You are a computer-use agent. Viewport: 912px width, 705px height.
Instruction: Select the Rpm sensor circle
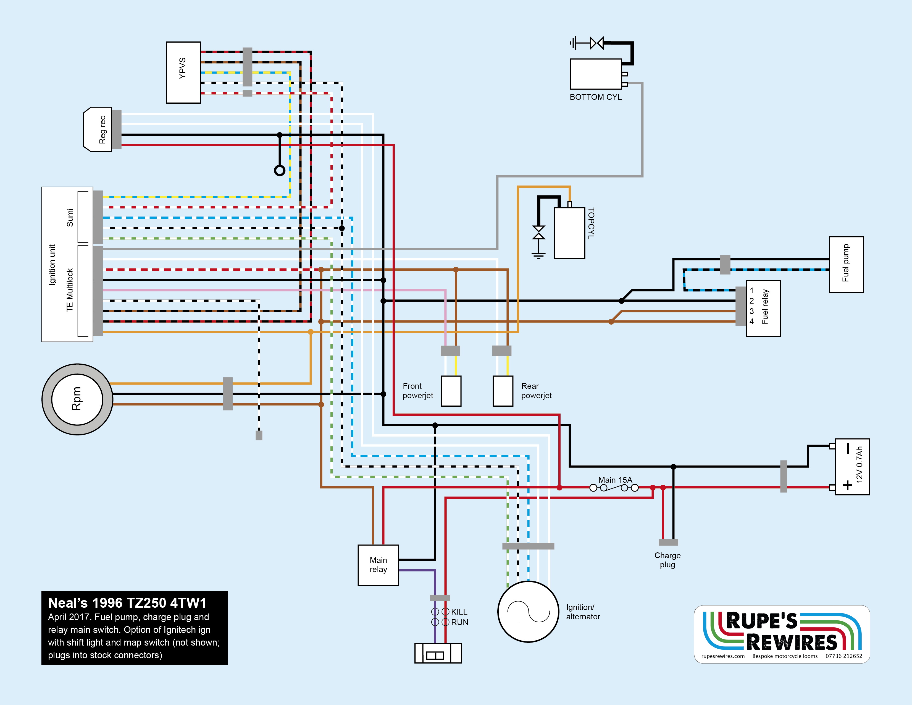77,399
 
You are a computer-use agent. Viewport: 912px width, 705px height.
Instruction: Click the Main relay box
378,565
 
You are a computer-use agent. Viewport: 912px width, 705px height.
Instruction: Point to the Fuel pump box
846,265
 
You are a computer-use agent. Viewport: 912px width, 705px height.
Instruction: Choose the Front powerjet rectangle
451,391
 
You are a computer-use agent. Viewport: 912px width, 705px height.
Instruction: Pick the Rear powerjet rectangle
503,391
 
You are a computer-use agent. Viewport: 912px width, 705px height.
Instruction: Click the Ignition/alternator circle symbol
528,611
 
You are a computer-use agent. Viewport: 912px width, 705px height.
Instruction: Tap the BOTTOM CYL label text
595,97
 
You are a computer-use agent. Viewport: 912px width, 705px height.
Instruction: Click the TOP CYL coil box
570,233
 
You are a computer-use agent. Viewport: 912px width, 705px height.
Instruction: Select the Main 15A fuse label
615,480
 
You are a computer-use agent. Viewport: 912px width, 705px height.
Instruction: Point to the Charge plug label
667,560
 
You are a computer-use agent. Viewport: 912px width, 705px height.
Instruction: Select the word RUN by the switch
459,622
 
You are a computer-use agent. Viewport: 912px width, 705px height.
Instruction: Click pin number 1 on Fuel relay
752,291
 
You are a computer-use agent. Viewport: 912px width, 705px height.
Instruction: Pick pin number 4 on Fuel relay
752,321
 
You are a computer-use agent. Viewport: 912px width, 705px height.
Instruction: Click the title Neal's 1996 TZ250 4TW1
127,603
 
